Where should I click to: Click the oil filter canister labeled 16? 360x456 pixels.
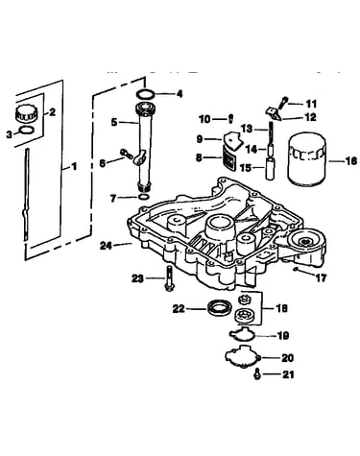click(x=306, y=161)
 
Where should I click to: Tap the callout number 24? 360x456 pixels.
click(x=107, y=246)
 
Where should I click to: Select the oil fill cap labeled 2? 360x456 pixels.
click(x=26, y=114)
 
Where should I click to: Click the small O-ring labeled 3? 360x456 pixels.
click(x=26, y=130)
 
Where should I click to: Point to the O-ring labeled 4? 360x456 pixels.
click(x=146, y=94)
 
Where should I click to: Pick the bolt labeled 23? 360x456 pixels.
click(x=169, y=278)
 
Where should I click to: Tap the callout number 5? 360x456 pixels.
click(x=114, y=122)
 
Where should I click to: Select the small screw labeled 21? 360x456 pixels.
click(x=256, y=374)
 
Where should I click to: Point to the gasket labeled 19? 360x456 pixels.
click(x=242, y=334)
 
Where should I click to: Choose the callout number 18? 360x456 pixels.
click(x=282, y=308)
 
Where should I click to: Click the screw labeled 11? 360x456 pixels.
click(x=283, y=103)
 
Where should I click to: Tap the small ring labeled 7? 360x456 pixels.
click(x=144, y=197)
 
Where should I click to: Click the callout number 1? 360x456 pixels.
click(x=74, y=166)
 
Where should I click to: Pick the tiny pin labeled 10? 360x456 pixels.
click(x=230, y=118)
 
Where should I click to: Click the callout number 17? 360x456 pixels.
click(x=320, y=277)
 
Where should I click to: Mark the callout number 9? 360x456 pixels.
click(x=200, y=139)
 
